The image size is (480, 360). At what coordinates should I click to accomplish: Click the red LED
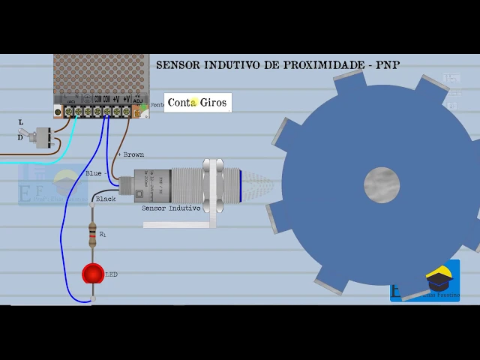tap(93, 274)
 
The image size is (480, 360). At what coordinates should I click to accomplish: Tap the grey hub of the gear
tap(382, 185)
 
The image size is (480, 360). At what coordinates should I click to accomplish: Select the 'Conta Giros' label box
tap(197, 103)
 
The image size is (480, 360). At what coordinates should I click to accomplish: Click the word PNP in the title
tap(388, 65)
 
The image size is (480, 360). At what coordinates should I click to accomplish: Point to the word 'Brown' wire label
tap(133, 154)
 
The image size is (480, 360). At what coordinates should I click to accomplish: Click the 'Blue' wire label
tap(94, 174)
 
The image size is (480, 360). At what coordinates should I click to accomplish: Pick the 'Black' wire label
tap(106, 199)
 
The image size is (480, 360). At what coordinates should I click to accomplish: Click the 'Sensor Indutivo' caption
tap(171, 208)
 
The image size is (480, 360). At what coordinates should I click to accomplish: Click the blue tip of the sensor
tap(240, 185)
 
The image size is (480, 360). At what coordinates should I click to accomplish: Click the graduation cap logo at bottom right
tap(439, 278)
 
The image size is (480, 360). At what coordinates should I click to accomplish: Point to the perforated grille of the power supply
tap(100, 72)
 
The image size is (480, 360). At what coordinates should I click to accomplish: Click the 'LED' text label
tap(111, 274)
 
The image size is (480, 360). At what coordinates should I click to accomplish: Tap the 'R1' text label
tap(103, 235)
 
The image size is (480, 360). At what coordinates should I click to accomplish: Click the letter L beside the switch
tap(21, 122)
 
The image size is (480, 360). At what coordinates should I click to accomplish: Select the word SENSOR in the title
tap(178, 65)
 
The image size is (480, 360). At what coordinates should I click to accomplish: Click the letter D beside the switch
tap(20, 138)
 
